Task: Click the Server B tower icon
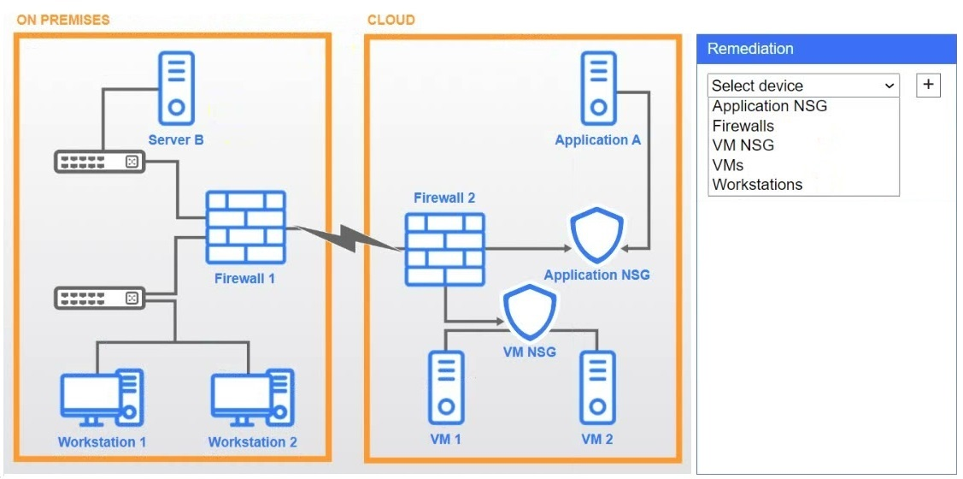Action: [x=176, y=88]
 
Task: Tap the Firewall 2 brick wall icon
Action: [x=444, y=250]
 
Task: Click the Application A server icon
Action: [x=598, y=88]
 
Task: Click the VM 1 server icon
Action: [x=445, y=387]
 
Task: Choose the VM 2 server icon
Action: [x=597, y=387]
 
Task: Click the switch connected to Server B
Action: [x=99, y=162]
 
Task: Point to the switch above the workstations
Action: [x=99, y=299]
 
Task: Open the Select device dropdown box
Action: [x=803, y=86]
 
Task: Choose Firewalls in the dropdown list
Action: [x=743, y=126]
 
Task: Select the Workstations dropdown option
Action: [x=757, y=185]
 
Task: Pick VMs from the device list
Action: [x=728, y=165]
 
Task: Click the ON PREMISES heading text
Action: [x=63, y=20]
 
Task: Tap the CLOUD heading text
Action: [x=390, y=20]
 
